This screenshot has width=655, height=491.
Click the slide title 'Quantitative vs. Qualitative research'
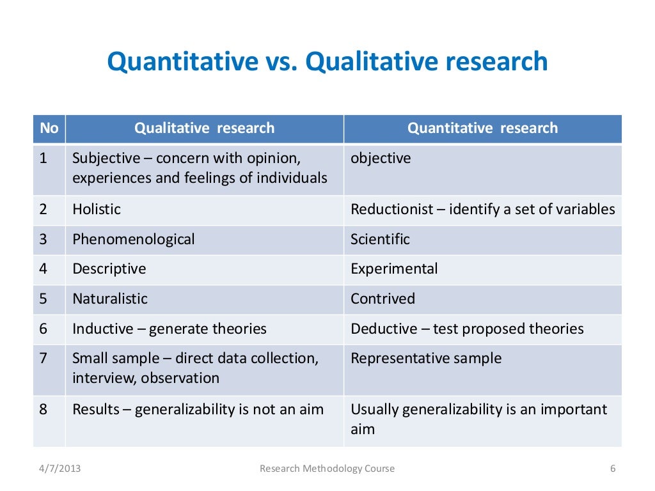(x=327, y=62)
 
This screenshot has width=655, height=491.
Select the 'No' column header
(x=49, y=128)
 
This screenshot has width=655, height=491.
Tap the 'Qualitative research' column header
(x=204, y=128)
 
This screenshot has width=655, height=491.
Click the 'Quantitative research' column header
(x=482, y=128)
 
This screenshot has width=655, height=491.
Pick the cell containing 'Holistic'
(x=97, y=209)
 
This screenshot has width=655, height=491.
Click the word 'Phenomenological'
(x=133, y=239)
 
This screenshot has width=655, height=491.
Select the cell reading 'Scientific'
(x=380, y=239)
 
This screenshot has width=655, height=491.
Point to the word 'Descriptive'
(x=109, y=269)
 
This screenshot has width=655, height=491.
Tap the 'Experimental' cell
(x=394, y=269)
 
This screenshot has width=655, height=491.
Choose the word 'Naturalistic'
(x=109, y=299)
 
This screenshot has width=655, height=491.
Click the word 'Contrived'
(x=383, y=299)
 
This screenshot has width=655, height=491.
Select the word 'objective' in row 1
(x=381, y=158)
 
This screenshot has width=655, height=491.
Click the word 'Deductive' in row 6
(x=383, y=329)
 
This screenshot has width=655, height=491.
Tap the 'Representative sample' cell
(x=426, y=358)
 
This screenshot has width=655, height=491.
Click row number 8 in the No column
(x=43, y=409)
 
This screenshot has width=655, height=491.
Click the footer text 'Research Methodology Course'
(x=327, y=469)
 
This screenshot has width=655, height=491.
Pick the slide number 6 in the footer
(x=612, y=469)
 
